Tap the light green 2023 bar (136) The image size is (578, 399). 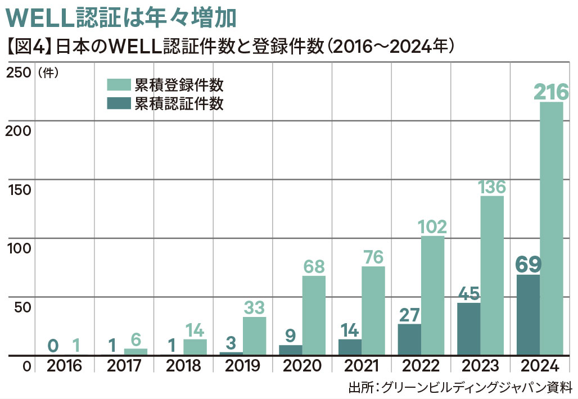[492, 275]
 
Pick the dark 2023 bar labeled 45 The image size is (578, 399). [468, 329]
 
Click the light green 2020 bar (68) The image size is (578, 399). [314, 315]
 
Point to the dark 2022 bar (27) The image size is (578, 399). [409, 339]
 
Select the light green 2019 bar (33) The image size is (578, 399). [254, 336]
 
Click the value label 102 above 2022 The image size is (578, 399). [432, 226]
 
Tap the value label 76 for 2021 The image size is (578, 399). [373, 257]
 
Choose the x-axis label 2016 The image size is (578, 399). [64, 366]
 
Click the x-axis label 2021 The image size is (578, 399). [362, 366]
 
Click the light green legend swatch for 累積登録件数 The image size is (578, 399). [119, 85]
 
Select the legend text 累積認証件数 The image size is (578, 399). [179, 103]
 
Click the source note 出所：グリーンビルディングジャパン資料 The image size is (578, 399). [460, 388]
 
